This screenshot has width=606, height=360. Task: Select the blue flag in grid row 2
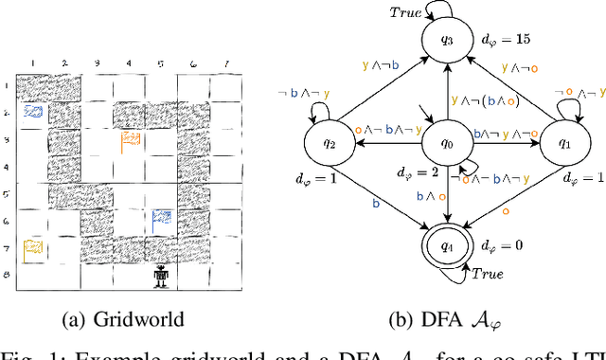pos(33,112)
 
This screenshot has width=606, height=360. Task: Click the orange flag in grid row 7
pos(33,248)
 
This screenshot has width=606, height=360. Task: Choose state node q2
pos(328,147)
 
